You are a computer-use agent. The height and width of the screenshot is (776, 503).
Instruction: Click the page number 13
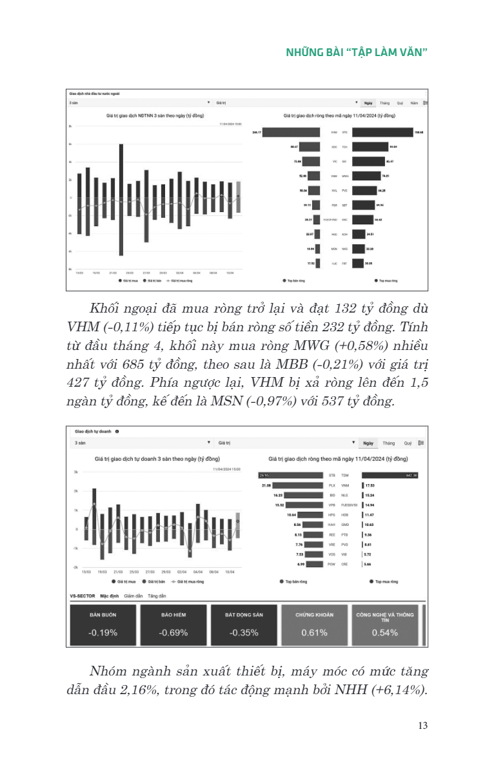click(x=423, y=725)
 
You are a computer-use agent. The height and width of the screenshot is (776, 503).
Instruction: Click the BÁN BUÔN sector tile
click(x=103, y=625)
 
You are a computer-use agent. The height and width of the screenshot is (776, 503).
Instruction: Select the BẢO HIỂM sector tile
click(x=173, y=625)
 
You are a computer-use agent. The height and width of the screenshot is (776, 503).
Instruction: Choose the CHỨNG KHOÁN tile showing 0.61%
click(x=314, y=625)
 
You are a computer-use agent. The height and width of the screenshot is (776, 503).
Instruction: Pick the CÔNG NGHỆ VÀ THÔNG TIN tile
click(x=385, y=625)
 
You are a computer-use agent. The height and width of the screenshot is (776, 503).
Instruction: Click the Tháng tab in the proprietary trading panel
click(x=388, y=443)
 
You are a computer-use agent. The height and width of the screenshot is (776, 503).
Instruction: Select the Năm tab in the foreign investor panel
click(x=415, y=102)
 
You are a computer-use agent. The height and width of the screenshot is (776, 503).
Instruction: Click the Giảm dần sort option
click(x=133, y=596)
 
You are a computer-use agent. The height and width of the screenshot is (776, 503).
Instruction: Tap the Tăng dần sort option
click(x=157, y=596)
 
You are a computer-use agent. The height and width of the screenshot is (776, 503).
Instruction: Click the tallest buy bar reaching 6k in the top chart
click(x=121, y=170)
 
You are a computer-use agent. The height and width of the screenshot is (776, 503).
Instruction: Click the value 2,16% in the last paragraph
click(x=258, y=690)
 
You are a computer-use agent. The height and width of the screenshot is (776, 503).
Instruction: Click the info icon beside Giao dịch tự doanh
click(x=117, y=431)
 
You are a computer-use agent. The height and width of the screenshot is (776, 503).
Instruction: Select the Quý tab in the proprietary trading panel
click(x=408, y=443)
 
